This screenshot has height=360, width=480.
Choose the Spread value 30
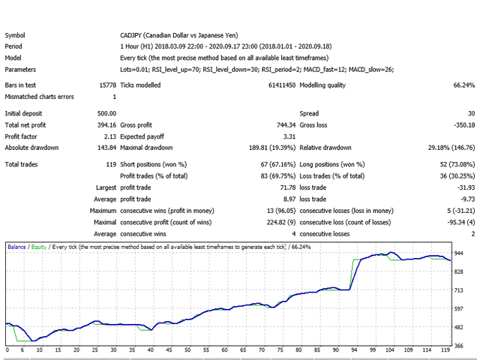click(469, 112)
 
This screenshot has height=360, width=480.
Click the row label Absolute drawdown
click(31, 148)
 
